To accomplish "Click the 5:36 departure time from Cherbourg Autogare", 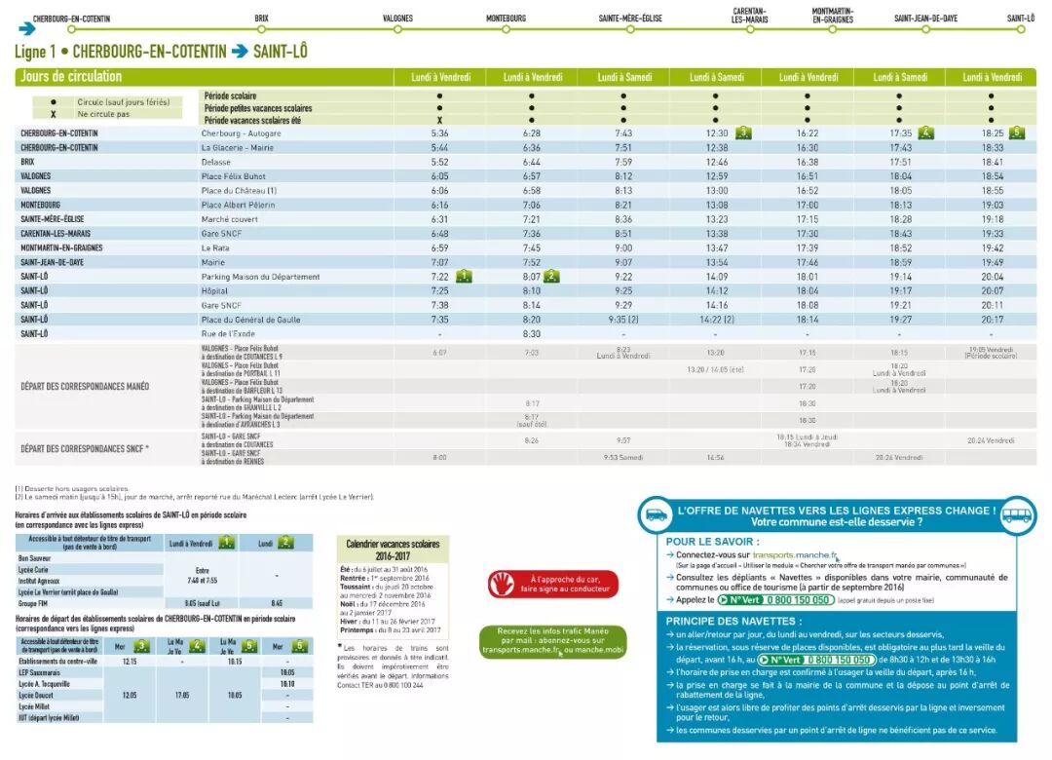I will click(439, 133).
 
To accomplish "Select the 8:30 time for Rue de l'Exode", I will click(531, 334).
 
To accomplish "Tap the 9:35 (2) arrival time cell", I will click(623, 320).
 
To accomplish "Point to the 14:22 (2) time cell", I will click(716, 320).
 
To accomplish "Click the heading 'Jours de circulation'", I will click(71, 77).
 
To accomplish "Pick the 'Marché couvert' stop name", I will click(231, 219).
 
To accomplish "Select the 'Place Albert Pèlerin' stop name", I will click(238, 205).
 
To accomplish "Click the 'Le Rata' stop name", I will click(215, 247).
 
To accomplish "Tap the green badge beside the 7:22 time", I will click(465, 277).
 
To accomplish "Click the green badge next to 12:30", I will click(743, 133).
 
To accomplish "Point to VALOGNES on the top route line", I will click(397, 19).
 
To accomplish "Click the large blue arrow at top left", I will click(27, 28).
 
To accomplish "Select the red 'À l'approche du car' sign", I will click(552, 584).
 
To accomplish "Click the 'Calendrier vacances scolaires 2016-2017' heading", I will click(393, 550).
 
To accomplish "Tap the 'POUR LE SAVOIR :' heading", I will click(712, 541).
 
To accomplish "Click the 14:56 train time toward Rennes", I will click(716, 457).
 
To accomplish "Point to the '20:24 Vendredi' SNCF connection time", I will click(992, 440).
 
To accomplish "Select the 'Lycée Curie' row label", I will click(35, 569).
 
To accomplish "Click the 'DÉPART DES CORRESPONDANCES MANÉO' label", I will click(86, 386).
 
